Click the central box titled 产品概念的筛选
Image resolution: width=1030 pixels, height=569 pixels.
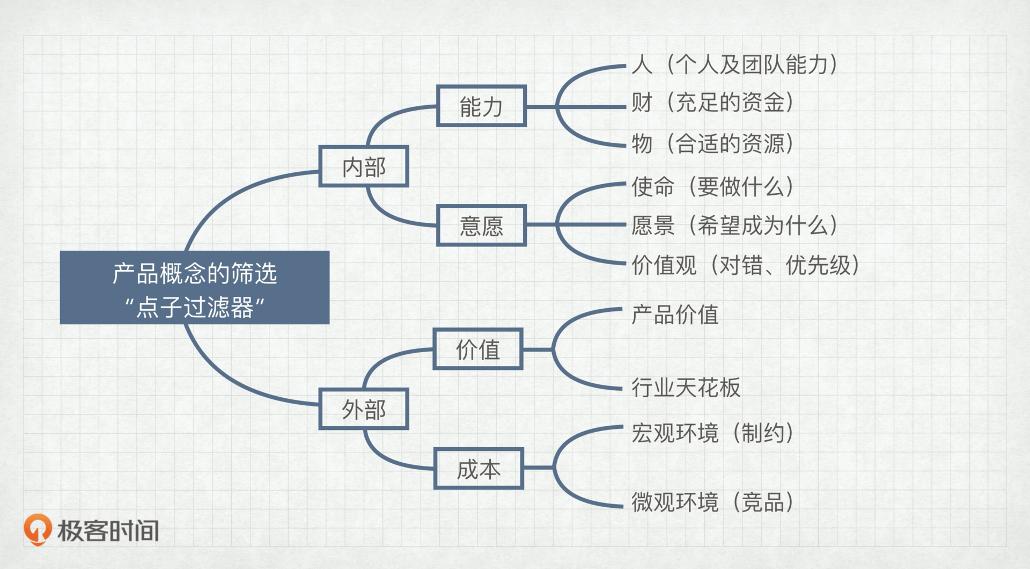(x=194, y=287)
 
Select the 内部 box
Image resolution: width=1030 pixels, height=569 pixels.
(x=364, y=166)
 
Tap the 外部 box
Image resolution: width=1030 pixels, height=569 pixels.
(x=364, y=409)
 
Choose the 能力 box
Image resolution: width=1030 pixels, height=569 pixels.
(x=481, y=106)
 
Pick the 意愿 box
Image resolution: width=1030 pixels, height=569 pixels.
(x=481, y=225)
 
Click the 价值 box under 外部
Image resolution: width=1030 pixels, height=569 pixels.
(x=478, y=349)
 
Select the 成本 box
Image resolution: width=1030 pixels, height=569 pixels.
(x=479, y=469)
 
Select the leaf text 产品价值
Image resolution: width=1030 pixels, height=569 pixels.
(x=675, y=315)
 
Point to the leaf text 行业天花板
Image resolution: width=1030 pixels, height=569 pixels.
(x=686, y=387)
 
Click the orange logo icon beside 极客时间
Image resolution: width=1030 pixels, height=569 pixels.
(x=38, y=529)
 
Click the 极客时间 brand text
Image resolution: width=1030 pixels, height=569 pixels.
(x=108, y=531)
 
